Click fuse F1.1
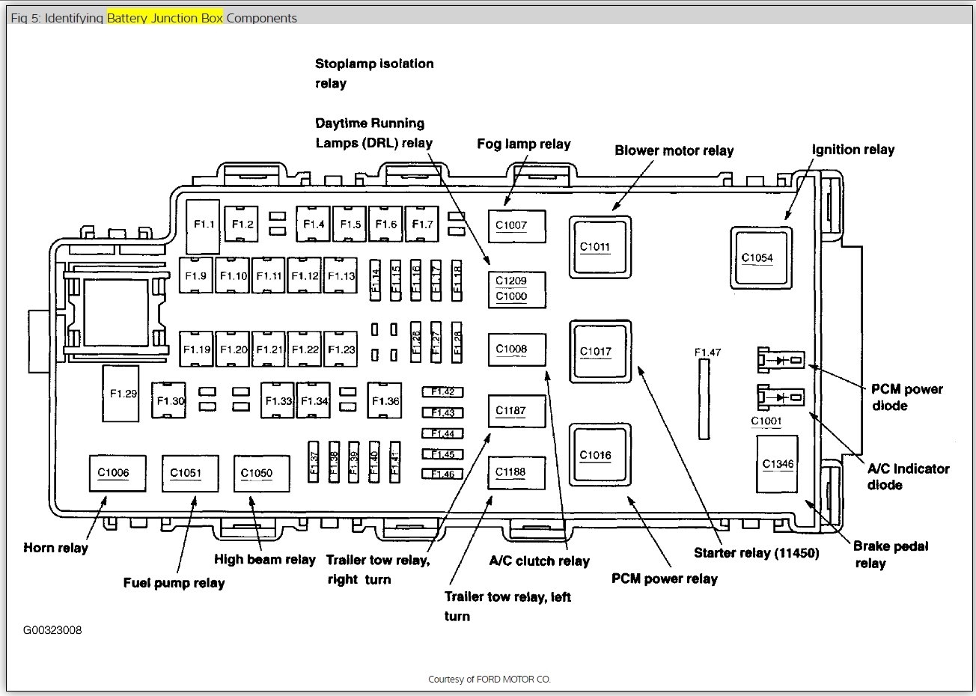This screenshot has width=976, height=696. point(204,225)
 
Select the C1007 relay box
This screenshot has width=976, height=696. point(517,225)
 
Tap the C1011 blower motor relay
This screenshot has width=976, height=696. point(600,246)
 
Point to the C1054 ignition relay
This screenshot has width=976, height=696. point(762,258)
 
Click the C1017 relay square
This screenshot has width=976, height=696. point(600,351)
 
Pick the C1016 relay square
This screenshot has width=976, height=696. point(600,455)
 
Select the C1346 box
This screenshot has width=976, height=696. point(778,465)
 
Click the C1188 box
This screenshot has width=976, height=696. point(517,472)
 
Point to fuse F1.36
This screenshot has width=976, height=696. point(385,401)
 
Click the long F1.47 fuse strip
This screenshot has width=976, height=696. point(704,398)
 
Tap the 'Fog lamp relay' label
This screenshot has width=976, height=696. point(524,144)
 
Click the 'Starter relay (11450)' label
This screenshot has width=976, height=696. point(756,553)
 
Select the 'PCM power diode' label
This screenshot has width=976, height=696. point(906,397)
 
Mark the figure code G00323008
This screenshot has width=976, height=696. point(52,630)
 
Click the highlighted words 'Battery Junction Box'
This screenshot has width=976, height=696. point(165,18)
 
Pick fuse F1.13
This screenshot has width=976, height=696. point(341,276)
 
